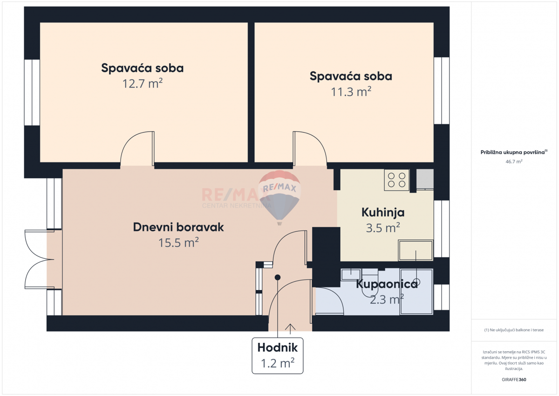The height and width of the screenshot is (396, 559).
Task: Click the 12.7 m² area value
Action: pyautogui.click(x=142, y=84)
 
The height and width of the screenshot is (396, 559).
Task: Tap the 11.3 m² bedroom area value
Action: pyautogui.click(x=351, y=92)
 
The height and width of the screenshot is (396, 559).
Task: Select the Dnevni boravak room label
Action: pyautogui.click(x=178, y=227)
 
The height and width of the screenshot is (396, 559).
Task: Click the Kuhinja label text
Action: pyautogui.click(x=383, y=213)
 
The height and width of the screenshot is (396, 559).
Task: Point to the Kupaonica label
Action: pyautogui.click(x=387, y=284)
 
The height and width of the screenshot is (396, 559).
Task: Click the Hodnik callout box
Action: pyautogui.click(x=277, y=355)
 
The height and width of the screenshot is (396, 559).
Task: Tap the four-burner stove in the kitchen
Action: pyautogui.click(x=396, y=180)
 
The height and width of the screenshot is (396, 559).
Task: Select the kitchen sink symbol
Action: pyautogui.click(x=416, y=251)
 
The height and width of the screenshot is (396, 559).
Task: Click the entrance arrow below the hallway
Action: pyautogui.click(x=291, y=329)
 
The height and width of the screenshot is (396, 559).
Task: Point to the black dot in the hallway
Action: pyautogui.click(x=278, y=278)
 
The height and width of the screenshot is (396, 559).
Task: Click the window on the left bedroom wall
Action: pyautogui.click(x=32, y=92)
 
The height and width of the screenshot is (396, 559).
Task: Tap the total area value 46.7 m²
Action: pyautogui.click(x=514, y=161)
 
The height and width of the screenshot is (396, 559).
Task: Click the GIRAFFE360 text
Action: pyautogui.click(x=514, y=379)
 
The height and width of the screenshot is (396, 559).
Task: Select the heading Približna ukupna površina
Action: pyautogui.click(x=513, y=152)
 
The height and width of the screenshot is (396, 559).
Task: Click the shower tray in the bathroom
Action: pyautogui.click(x=416, y=292)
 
